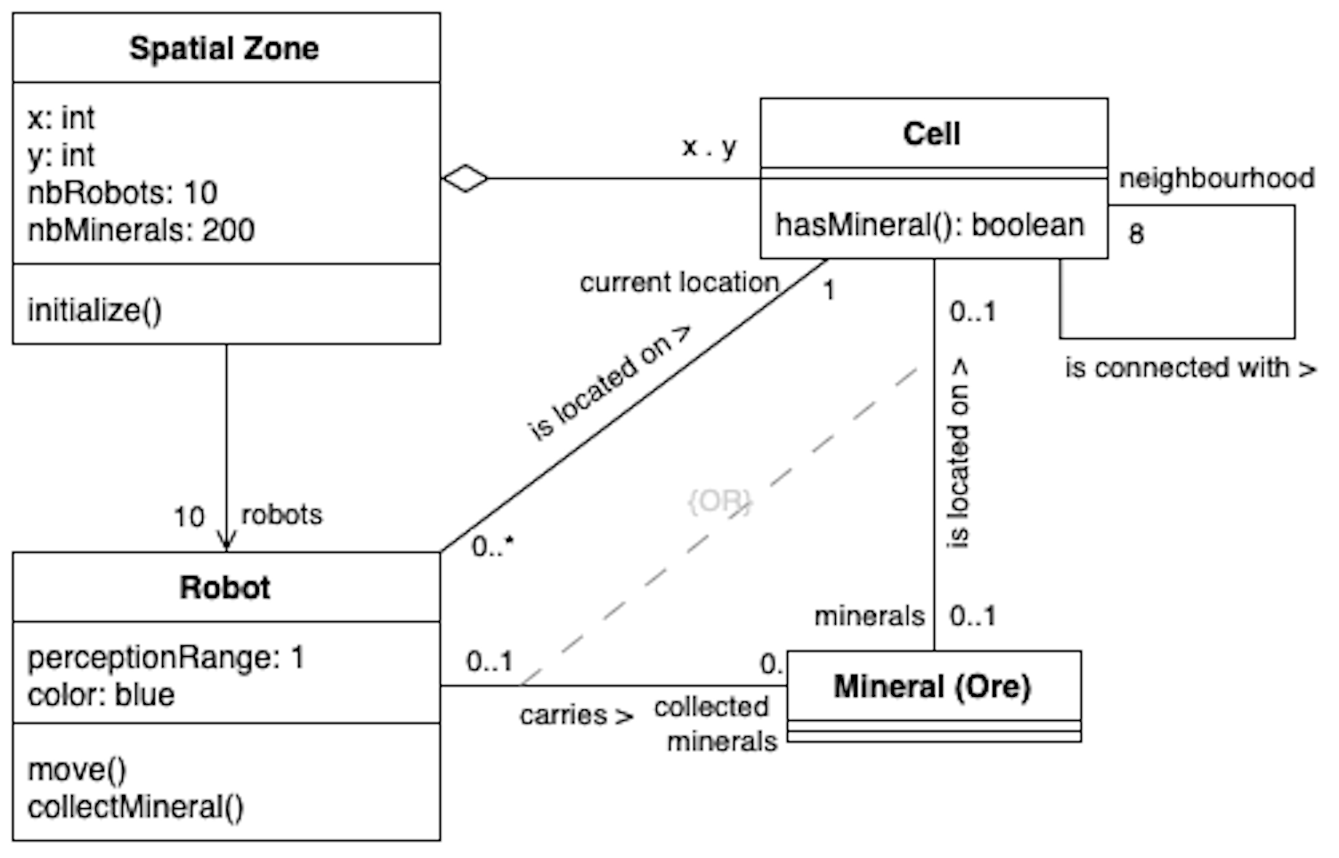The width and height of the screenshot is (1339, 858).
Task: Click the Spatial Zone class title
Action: [x=223, y=48]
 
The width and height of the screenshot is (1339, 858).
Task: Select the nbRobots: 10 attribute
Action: [x=123, y=192]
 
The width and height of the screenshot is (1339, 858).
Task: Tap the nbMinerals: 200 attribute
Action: [x=141, y=231]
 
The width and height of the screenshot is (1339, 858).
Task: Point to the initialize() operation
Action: [x=94, y=310]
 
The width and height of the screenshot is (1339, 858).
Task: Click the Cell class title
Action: [x=931, y=134]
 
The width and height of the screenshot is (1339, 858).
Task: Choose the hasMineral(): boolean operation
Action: [x=929, y=225]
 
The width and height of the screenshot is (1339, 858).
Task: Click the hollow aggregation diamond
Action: [x=465, y=179]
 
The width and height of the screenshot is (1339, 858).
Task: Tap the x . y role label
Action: [x=710, y=146]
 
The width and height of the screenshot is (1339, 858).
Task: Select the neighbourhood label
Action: [x=1216, y=178]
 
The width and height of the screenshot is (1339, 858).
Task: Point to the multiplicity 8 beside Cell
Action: [x=1136, y=234]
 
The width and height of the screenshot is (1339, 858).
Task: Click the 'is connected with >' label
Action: [x=1189, y=368]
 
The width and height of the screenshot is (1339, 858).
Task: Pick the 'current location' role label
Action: [x=679, y=282]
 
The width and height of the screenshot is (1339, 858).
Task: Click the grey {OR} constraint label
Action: [x=719, y=501]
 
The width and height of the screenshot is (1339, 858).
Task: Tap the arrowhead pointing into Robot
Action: [x=226, y=542]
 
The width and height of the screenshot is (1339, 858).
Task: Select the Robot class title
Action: [x=224, y=587]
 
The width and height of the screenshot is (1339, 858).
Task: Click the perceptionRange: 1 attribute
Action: [x=166, y=658]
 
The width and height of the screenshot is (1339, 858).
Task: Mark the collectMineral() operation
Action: [x=135, y=807]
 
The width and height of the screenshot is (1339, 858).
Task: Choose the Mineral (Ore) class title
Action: [x=931, y=686]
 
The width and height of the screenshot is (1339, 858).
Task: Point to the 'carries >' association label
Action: [x=576, y=715]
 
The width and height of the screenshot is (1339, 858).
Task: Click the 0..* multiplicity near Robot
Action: [x=492, y=546]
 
